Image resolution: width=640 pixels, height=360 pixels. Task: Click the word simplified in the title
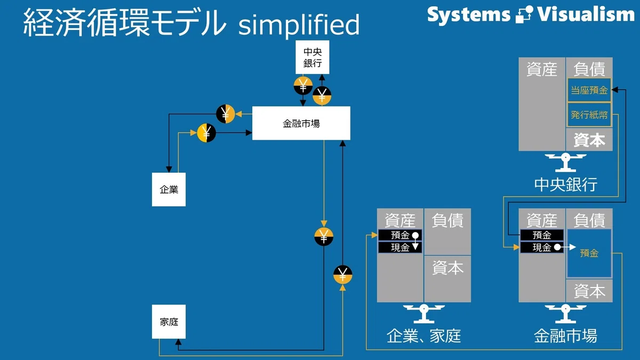(299, 25)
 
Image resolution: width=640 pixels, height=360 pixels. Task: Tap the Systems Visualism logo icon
(524, 14)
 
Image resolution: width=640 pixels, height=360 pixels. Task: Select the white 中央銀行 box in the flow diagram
(313, 57)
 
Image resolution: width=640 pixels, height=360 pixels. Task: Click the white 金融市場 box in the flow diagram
(301, 123)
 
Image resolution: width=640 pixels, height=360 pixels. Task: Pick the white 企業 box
(169, 189)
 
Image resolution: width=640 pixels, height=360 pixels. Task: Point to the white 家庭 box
(169, 322)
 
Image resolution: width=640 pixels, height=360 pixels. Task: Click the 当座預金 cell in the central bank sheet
(589, 90)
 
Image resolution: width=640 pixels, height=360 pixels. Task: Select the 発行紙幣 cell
(589, 115)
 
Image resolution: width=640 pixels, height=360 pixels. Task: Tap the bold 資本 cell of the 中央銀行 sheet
(589, 140)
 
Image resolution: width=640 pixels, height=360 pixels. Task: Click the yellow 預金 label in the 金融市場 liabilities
(589, 253)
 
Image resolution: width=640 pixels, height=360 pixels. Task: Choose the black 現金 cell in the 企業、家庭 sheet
(400, 247)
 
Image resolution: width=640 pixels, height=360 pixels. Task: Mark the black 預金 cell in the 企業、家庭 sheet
(400, 235)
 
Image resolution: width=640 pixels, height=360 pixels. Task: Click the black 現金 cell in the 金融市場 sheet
(542, 247)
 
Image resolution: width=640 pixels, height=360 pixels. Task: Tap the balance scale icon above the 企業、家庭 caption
(423, 314)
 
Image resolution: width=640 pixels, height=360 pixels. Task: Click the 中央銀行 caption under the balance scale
(566, 185)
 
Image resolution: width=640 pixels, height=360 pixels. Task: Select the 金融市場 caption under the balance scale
(566, 336)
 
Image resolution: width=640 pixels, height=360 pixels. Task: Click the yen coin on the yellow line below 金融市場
(324, 237)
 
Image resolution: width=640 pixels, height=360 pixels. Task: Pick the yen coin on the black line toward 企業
(226, 114)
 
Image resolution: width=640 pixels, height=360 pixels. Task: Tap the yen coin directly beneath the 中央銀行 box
(303, 86)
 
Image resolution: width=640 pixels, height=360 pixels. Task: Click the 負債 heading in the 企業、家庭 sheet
(447, 221)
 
